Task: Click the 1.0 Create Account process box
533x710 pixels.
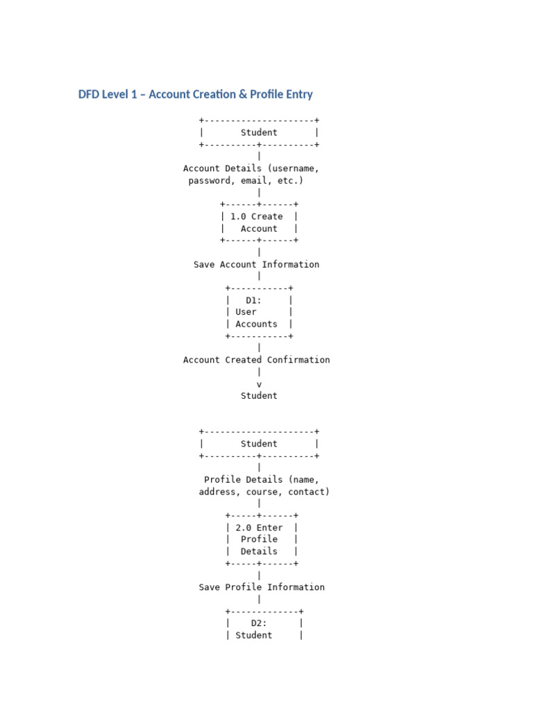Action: (x=259, y=223)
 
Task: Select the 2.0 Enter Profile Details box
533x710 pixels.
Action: (x=261, y=539)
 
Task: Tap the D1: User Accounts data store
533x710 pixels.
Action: (x=258, y=312)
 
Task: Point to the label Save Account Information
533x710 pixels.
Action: (x=256, y=264)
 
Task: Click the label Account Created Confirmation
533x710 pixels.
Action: (x=256, y=360)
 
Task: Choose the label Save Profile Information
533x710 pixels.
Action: (x=261, y=587)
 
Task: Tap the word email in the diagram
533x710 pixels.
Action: (x=253, y=181)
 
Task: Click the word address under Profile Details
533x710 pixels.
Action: (x=219, y=492)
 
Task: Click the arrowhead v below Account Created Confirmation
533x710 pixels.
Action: (x=259, y=384)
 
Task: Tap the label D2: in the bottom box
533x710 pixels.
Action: (x=259, y=623)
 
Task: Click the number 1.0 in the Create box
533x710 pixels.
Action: (x=237, y=216)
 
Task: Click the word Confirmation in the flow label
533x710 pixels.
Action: (x=298, y=360)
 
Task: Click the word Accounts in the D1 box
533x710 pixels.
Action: (x=256, y=324)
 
